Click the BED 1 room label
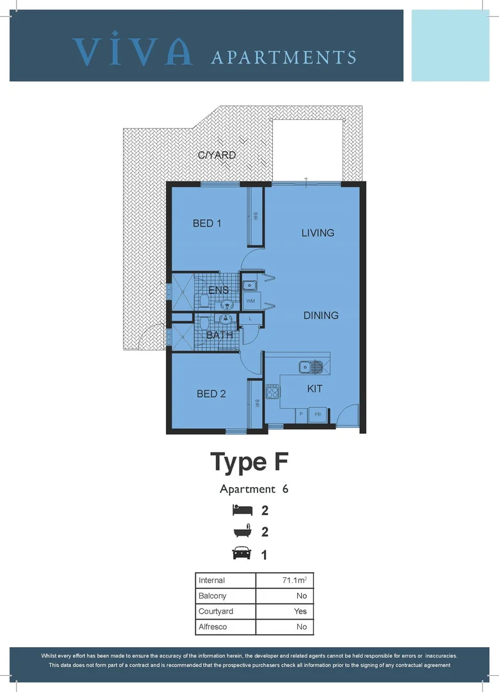[207, 224]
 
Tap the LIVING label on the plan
[318, 233]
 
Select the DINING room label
[321, 315]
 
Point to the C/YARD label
[217, 155]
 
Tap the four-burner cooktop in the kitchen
[273, 391]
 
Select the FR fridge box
[318, 415]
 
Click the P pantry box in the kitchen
[300, 415]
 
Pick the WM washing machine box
[250, 301]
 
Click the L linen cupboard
[249, 318]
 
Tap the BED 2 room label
[211, 393]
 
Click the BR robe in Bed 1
[255, 217]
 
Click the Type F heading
[250, 461]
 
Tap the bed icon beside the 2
[242, 511]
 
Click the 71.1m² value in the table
[295, 580]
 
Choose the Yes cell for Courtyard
[300, 611]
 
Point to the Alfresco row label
[213, 627]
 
